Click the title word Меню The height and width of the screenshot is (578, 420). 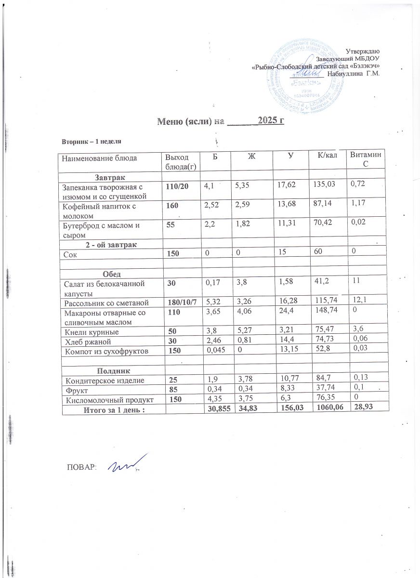tap(170, 120)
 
